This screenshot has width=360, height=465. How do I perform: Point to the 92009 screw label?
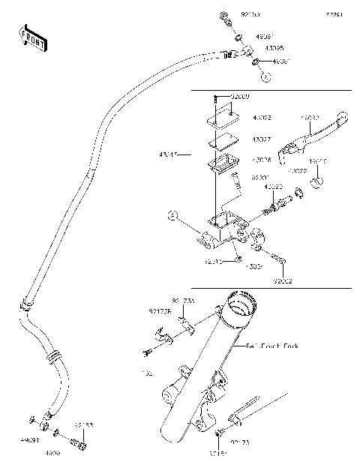[240, 97]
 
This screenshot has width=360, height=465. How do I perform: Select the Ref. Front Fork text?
[274, 346]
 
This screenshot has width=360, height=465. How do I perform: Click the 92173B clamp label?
[159, 309]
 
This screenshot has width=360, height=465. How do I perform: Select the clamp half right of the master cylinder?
[260, 240]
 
